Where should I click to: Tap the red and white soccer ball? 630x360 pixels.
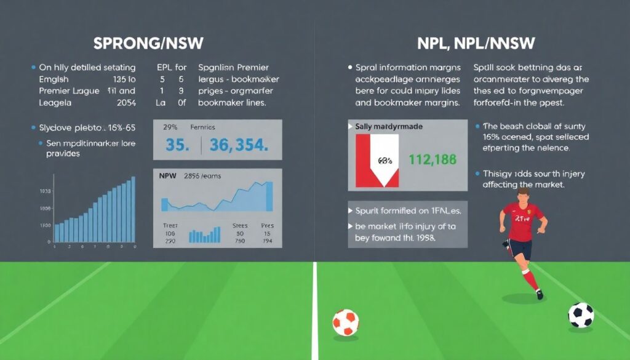coord(345,322)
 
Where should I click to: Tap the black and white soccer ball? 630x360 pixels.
coord(581,315)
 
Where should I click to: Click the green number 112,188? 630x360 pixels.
coord(433,160)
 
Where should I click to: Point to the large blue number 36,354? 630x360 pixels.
coord(238,145)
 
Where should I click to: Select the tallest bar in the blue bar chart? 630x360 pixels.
coord(133,209)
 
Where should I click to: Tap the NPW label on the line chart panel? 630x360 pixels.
coord(167,176)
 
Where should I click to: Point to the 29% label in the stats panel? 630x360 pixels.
coord(170,127)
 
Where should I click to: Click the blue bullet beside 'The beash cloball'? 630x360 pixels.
coord(477,126)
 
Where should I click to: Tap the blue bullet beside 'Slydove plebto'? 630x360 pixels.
coord(32,127)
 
